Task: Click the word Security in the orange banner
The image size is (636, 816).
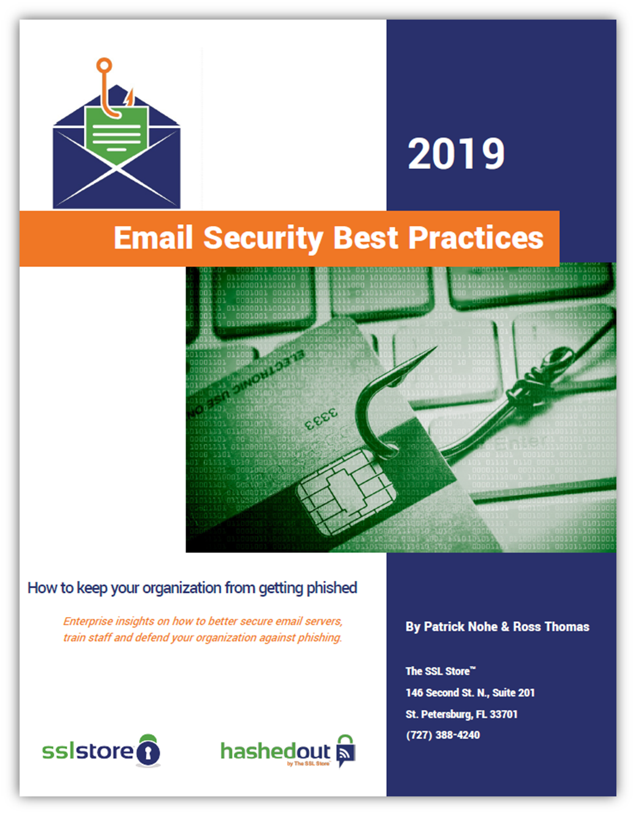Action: coord(263,238)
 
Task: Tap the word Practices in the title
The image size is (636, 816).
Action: coord(476,238)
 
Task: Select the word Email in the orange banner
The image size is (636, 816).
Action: coord(153,238)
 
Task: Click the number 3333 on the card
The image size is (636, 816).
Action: coord(321,420)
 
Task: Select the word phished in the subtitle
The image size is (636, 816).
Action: coord(331,588)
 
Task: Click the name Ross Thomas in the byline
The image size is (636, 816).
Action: coord(551,627)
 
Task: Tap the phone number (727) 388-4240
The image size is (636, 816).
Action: coord(443,735)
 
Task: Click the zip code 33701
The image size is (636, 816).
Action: coord(504,714)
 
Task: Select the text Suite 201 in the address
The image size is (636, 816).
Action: coord(514,693)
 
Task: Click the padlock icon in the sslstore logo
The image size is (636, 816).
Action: coord(148,751)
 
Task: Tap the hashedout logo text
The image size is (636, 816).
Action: coord(275,751)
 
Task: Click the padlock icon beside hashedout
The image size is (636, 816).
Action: coord(346,750)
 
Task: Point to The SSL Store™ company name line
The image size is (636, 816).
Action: coord(440,672)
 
